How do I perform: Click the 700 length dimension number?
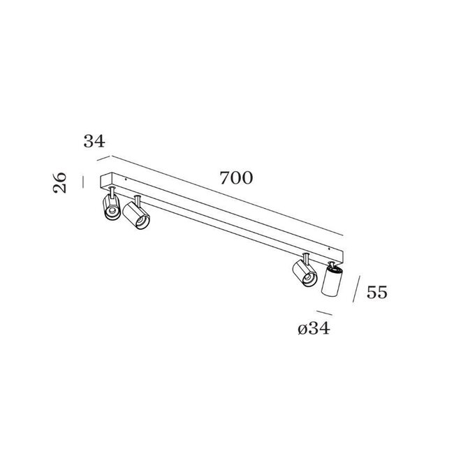[x=235, y=178]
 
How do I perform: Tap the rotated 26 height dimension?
[x=61, y=183]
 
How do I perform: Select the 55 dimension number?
[x=376, y=293]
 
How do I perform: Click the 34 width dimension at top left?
[x=94, y=141]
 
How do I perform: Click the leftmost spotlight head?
[x=110, y=209]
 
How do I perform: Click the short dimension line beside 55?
[x=358, y=289]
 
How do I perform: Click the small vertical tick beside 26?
[x=83, y=182]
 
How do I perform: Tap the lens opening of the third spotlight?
[x=308, y=280]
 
